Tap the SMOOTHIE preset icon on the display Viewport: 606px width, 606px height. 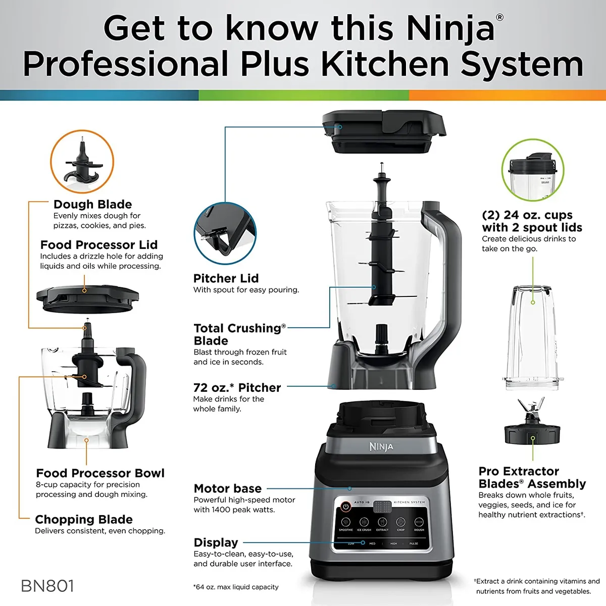346,522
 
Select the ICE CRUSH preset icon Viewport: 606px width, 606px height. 364,522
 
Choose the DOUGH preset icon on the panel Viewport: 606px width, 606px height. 419,522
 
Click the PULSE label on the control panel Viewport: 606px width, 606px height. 414,543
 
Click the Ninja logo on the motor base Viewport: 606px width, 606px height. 381,446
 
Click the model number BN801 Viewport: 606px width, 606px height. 47,586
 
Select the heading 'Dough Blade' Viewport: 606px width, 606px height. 92,205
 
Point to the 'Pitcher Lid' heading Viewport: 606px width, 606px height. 226,278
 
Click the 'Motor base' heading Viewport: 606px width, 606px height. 227,488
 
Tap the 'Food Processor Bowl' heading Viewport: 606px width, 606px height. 100,473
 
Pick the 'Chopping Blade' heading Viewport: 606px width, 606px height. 84,519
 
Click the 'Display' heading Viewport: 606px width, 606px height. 216,542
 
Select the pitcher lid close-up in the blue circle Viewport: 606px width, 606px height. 224,232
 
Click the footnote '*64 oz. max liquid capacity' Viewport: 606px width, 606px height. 235,587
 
